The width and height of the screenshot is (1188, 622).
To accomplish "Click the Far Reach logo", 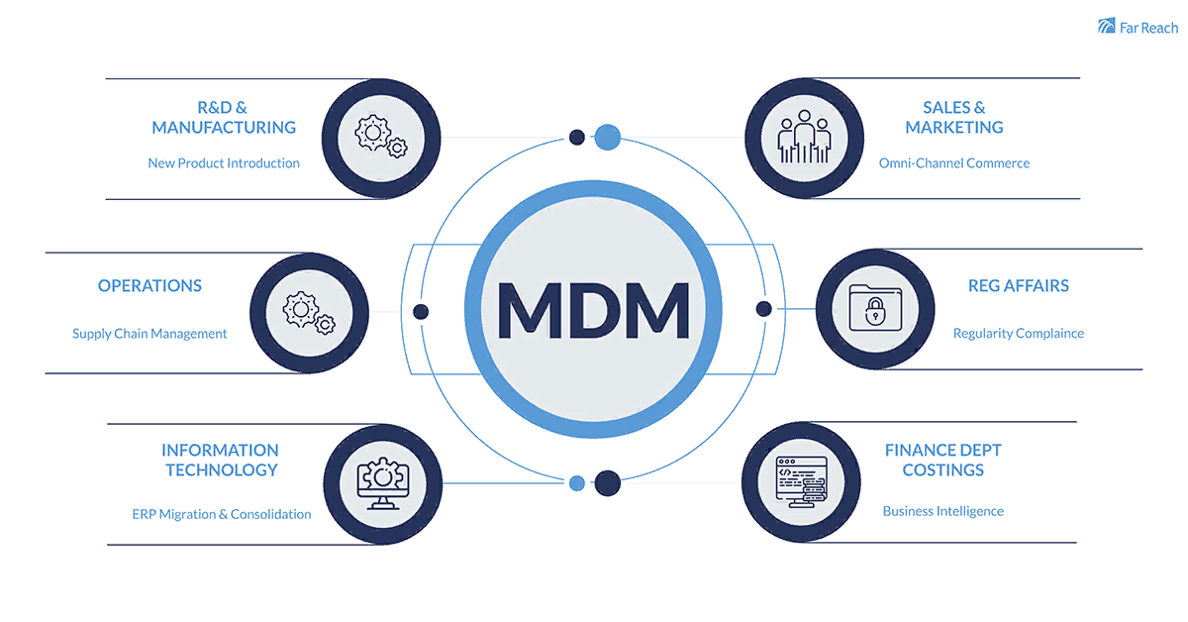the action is click(1138, 27).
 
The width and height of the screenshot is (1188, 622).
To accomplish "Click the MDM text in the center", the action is click(593, 309).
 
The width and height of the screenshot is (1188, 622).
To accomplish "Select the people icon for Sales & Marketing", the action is click(803, 139).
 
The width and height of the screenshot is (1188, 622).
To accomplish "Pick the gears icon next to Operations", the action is click(308, 311).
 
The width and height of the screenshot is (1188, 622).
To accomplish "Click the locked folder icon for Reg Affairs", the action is click(874, 308).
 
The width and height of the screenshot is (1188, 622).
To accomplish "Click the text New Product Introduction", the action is click(224, 163).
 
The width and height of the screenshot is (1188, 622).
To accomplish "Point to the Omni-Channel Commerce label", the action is click(953, 163).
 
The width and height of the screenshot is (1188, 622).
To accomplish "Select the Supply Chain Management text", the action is click(149, 334).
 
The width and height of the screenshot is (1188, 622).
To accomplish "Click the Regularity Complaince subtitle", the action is click(1018, 334).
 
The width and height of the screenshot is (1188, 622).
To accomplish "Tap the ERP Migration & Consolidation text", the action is click(222, 515).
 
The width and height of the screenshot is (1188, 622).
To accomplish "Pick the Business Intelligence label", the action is click(942, 512).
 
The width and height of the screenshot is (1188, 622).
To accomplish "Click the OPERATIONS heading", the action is click(149, 286).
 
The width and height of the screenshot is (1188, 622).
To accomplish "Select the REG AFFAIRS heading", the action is click(1018, 286).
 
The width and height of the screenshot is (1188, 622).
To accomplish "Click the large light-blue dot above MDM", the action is click(607, 137).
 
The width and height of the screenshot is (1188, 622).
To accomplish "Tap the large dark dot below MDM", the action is click(607, 483).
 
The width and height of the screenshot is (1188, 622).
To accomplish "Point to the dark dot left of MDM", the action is click(421, 312).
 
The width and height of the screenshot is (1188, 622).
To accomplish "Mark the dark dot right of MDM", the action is click(763, 309).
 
